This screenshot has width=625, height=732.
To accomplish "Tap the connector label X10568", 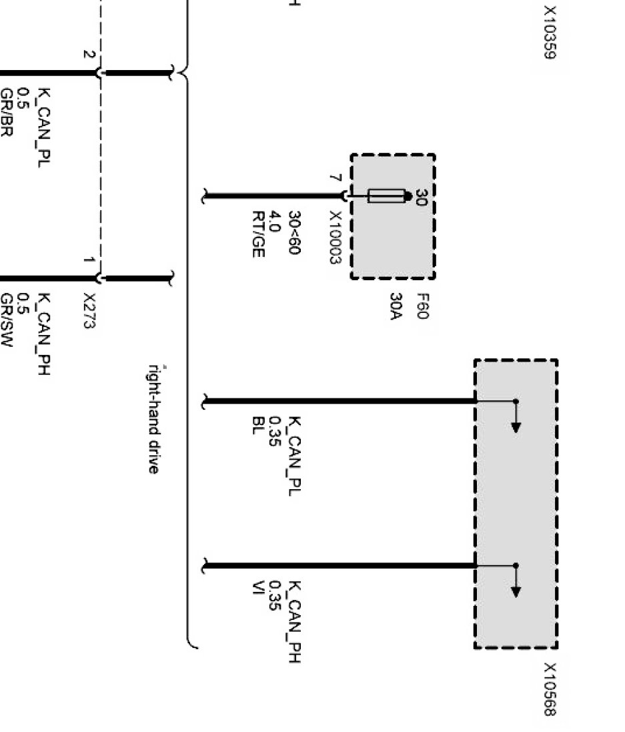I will (550, 689).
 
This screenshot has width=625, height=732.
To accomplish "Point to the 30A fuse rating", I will (397, 306).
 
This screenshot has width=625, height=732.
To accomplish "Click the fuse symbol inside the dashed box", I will (387, 196).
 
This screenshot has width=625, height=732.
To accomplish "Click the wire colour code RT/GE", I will (259, 234).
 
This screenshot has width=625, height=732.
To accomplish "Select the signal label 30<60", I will (293, 233).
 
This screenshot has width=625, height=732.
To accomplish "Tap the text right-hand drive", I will (153, 418).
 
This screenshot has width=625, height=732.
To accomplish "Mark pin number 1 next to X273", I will (88, 260).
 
